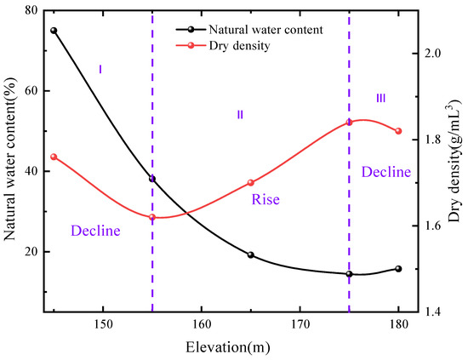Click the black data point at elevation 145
coord(54,31)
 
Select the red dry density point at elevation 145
coord(54,157)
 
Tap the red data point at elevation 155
coord(152,217)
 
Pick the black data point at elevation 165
coord(251,254)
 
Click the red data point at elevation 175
coord(349,123)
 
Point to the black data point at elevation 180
coord(398,269)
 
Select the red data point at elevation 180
coord(398,131)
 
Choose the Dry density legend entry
coord(248,46)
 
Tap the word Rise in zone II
coord(265,200)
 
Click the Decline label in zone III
coord(386,172)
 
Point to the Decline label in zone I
coord(95,230)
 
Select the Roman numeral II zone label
coord(240,114)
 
